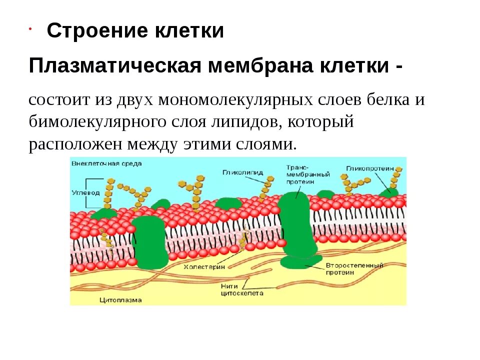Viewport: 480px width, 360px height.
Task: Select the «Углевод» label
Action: point(85,192)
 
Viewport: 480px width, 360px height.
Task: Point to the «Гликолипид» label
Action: point(242,172)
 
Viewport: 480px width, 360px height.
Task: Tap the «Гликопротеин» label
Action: point(370,169)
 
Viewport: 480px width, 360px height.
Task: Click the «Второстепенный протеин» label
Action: point(354,269)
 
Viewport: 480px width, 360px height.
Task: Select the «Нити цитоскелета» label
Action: point(241,290)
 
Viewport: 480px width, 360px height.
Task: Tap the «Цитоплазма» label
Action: point(120,300)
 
